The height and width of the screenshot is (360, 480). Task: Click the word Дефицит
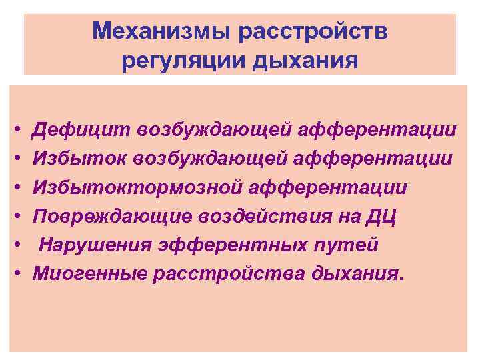(81, 130)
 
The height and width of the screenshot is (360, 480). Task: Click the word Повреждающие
(115, 217)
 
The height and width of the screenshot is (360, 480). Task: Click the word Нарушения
(94, 245)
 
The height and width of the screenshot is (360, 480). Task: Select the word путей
(353, 245)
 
